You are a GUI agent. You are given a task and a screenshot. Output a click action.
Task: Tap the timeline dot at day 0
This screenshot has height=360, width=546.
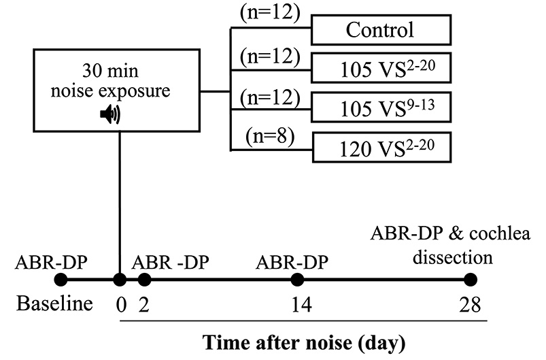coord(120,279)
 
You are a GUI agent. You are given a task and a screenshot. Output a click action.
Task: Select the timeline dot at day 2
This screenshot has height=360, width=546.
coord(143,279)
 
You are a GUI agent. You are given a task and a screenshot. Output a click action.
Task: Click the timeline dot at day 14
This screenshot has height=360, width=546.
coord(296,279)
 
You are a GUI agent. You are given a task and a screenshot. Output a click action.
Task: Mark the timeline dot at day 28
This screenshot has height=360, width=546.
coord(469,279)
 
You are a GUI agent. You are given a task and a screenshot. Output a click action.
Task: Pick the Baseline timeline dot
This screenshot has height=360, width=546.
coord(60,279)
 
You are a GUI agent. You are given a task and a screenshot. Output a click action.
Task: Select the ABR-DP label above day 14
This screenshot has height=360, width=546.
coord(296,260)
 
